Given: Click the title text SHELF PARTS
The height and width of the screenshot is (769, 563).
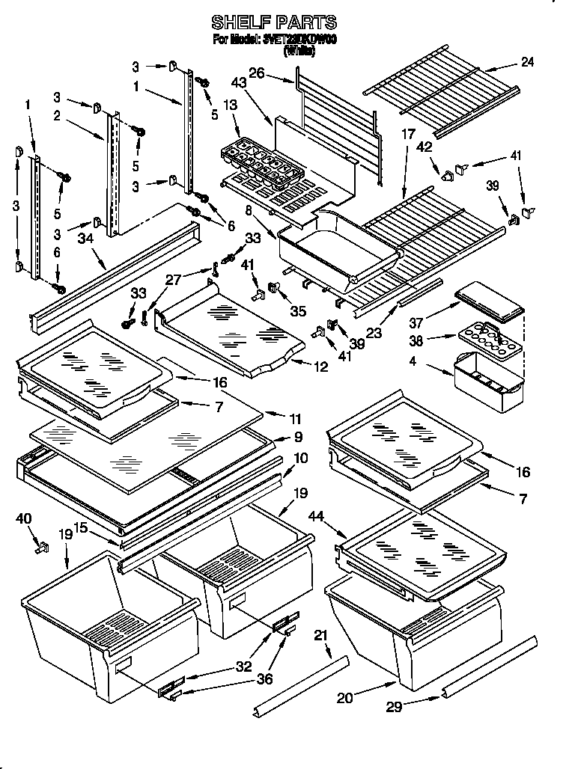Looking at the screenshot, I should (x=274, y=22).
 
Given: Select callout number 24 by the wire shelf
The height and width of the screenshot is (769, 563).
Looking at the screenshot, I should (x=527, y=62).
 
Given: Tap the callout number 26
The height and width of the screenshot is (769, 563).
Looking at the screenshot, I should (x=256, y=73).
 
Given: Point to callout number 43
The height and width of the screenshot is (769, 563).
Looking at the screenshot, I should (x=240, y=83).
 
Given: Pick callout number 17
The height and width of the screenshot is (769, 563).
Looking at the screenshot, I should (x=407, y=135).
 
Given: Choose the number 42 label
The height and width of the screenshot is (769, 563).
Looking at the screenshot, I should (x=424, y=147).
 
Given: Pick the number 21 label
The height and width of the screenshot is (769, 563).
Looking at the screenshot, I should (x=321, y=635).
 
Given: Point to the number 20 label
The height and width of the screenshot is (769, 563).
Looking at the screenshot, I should (x=344, y=698).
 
